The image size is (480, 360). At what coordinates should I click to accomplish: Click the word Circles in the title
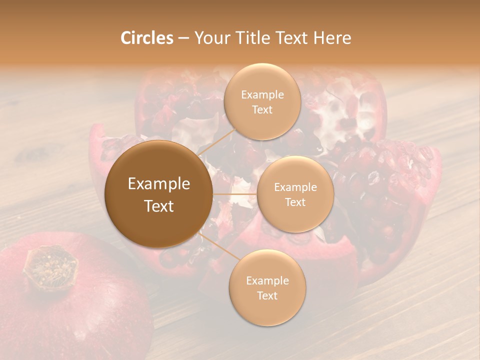tap(147, 38)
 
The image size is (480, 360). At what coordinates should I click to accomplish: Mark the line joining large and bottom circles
tap(219, 248)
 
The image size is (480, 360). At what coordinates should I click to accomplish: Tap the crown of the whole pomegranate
tap(50, 267)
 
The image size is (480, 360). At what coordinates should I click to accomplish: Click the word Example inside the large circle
tap(159, 184)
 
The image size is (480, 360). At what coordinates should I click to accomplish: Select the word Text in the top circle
tap(262, 109)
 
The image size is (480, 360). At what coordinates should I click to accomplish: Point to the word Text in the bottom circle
tap(267, 295)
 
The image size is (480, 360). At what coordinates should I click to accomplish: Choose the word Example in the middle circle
tap(295, 187)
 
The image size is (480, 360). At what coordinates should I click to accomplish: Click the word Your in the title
tap(211, 38)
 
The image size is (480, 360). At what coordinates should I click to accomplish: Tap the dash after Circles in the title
tap(183, 38)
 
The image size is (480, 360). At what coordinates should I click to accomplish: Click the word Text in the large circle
tap(159, 206)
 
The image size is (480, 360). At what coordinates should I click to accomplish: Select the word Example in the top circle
tap(262, 94)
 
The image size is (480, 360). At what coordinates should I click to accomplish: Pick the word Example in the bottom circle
tap(267, 280)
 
